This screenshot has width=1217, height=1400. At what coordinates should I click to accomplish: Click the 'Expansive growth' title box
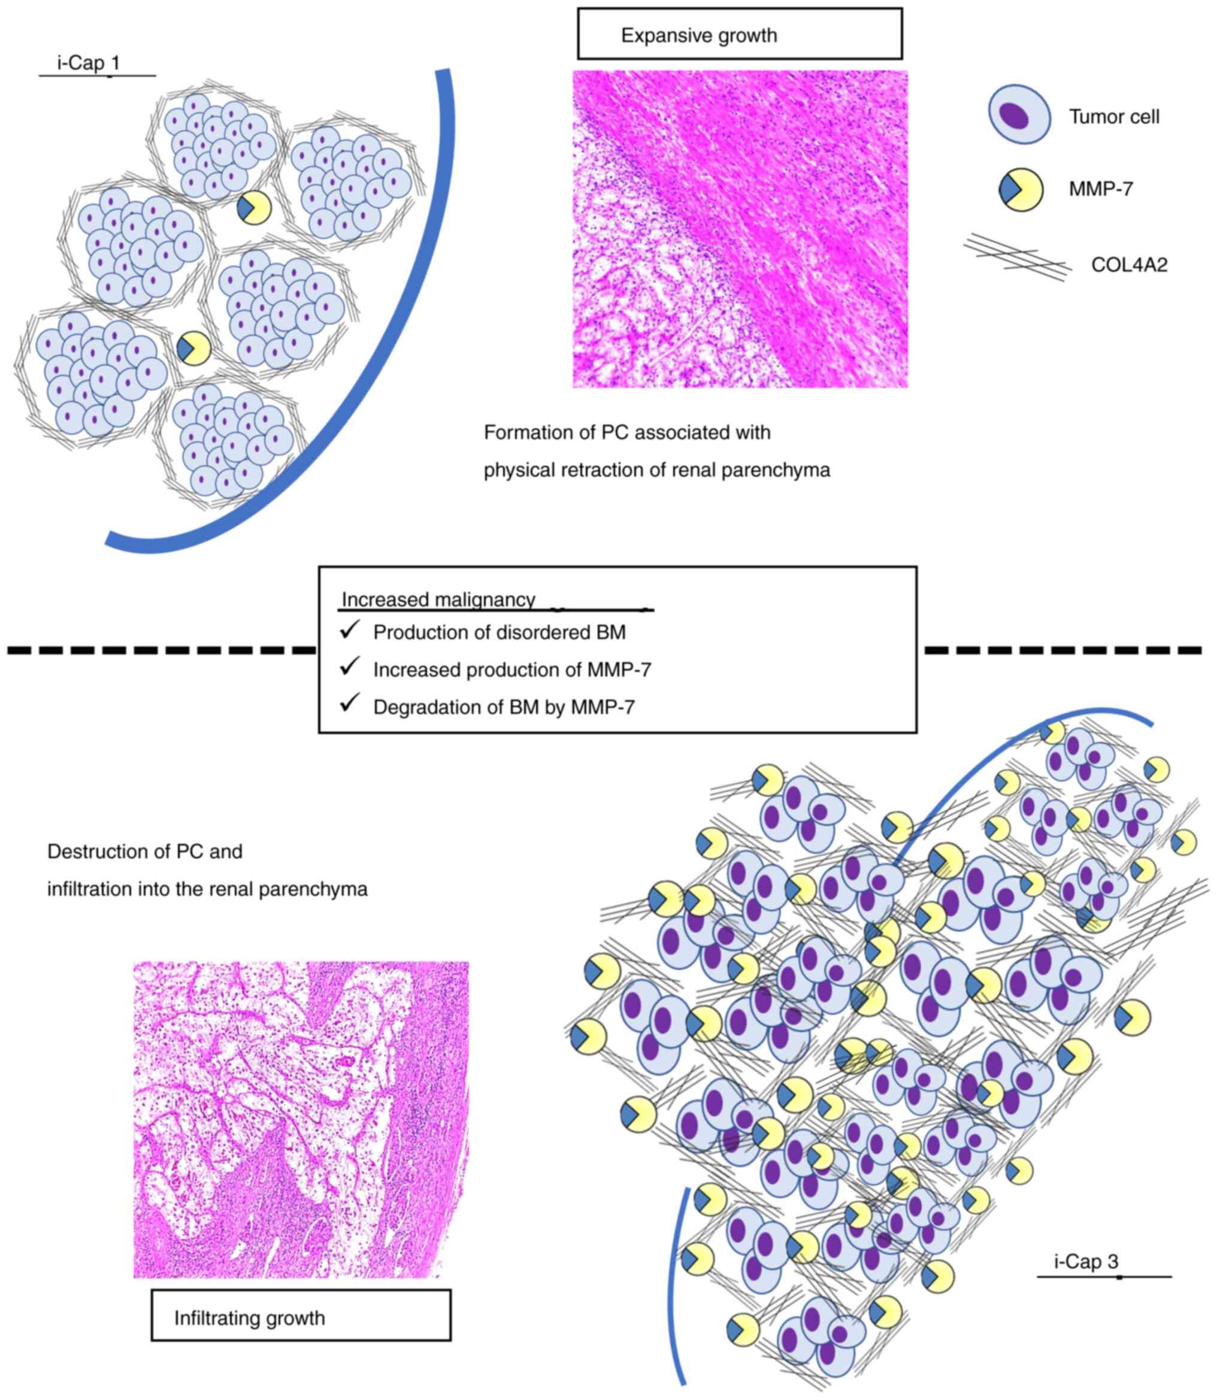(x=739, y=34)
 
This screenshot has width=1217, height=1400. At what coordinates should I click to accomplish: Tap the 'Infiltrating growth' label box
(x=300, y=1318)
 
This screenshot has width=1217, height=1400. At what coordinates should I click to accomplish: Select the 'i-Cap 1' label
(x=89, y=63)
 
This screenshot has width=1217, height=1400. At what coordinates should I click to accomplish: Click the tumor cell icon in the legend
(x=1019, y=114)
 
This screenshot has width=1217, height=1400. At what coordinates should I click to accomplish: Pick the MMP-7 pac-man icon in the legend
(x=1021, y=189)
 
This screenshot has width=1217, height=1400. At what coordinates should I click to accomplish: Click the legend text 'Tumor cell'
(x=1114, y=117)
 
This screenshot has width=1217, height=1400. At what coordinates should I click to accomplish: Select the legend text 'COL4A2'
(x=1129, y=265)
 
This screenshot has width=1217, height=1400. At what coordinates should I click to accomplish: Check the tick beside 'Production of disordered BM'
(x=349, y=630)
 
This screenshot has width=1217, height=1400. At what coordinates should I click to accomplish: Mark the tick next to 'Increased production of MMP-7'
(x=349, y=668)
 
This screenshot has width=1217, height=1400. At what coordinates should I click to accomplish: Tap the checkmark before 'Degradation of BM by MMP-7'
(x=349, y=704)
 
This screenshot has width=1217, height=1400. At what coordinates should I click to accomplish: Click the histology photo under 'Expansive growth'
(x=740, y=229)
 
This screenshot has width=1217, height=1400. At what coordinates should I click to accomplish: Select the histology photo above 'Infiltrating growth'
(x=301, y=1120)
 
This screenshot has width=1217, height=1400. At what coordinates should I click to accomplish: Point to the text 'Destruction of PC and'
(x=145, y=851)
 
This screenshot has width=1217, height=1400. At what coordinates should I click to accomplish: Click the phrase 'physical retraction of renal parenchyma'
(x=656, y=470)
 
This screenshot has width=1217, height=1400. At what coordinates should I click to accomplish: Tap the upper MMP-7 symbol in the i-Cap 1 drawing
(x=254, y=208)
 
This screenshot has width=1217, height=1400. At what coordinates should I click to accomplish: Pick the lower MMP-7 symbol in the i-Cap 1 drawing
(x=193, y=349)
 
